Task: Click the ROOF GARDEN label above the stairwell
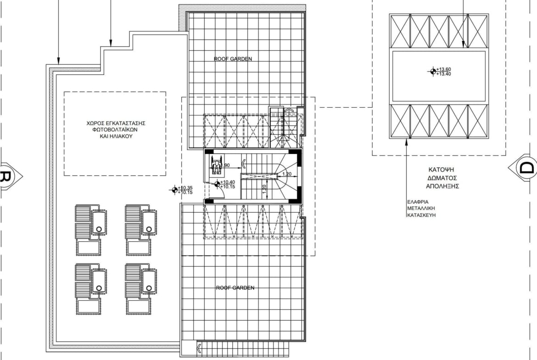(x=233, y=59)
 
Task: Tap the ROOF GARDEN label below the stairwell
(x=235, y=288)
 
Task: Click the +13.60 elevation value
(x=443, y=69)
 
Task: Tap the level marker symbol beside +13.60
(x=433, y=71)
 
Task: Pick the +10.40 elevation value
(x=227, y=182)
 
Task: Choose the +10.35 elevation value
(x=185, y=188)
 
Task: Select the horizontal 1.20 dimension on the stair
(x=287, y=174)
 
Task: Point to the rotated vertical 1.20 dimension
(x=264, y=189)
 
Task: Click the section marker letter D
(x=526, y=168)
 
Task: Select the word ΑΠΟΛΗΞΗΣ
(x=442, y=186)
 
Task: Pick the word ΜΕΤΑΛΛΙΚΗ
(x=421, y=208)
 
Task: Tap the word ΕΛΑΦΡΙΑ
(x=418, y=202)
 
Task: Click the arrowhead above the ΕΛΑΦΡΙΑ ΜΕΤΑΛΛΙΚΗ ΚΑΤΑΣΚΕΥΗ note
(x=407, y=141)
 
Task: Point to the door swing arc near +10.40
(x=222, y=194)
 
